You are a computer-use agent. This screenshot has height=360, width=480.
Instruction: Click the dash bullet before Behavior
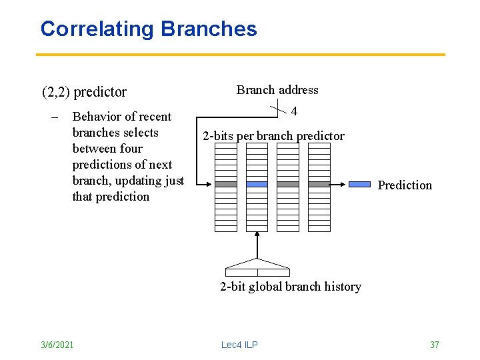pos(55,117)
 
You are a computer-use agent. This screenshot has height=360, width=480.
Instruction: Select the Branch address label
pos(277,90)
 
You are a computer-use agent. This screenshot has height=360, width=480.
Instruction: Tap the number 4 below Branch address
pos(294,111)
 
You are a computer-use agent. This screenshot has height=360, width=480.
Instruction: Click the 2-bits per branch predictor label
pos(273,136)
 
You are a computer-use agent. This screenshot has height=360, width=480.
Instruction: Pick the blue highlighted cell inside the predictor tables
pos(257,184)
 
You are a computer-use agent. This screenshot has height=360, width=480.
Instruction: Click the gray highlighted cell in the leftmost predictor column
pos(226,184)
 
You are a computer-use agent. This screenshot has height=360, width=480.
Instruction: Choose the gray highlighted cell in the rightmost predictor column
pos(319,184)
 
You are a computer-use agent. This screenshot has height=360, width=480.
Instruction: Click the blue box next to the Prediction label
pos(360,184)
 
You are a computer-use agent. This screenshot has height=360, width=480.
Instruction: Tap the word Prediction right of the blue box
pos(405,185)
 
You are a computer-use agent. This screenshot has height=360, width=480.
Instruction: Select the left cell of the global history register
pos(241,272)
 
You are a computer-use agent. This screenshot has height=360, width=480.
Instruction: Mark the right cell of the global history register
pos(273,272)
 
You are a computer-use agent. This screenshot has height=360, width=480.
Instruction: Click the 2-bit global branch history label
pos(291,287)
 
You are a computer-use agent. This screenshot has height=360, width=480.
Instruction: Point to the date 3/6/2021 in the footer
pos(57,344)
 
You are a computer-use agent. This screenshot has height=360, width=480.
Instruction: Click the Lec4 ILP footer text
pos(239,344)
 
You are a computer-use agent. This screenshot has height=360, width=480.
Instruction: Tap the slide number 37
pos(434,344)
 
